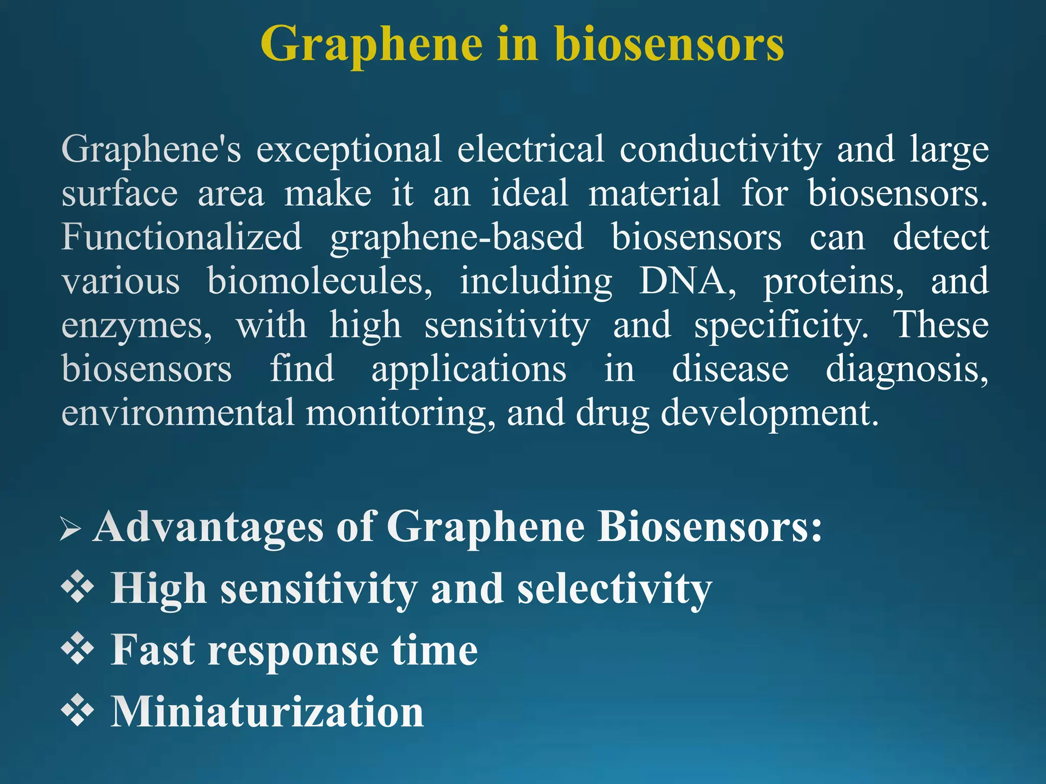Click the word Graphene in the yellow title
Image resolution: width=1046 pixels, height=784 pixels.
(x=371, y=45)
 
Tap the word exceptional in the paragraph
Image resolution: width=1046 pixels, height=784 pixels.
(x=349, y=149)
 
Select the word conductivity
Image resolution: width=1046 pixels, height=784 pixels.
(x=721, y=149)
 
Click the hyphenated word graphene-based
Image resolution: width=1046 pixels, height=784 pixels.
(x=457, y=238)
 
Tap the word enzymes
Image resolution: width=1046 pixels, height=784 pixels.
(x=136, y=326)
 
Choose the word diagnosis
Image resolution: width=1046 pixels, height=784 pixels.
(x=907, y=370)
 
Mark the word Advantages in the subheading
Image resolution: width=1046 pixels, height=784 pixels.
(x=208, y=527)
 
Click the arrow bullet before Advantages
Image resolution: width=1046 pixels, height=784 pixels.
(x=70, y=528)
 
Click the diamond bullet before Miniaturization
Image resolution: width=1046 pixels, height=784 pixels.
(x=78, y=710)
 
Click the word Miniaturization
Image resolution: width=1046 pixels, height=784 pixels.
(x=268, y=712)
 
